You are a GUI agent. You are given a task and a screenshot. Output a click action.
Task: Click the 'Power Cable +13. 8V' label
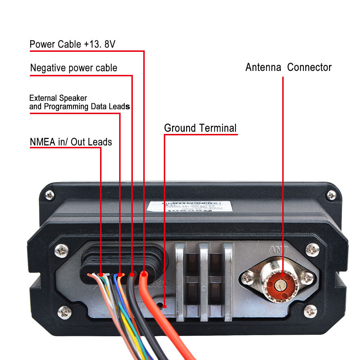[72, 44]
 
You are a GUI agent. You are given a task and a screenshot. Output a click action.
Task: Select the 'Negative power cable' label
[74, 68]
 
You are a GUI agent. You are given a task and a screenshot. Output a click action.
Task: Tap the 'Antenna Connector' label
[288, 67]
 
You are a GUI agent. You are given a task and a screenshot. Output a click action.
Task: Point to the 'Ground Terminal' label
[200, 128]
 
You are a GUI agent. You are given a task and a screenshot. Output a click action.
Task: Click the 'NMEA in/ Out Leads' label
[71, 142]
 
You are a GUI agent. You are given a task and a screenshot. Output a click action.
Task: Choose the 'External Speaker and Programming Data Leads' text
[80, 102]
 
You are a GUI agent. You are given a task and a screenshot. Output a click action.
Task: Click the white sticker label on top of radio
[190, 206]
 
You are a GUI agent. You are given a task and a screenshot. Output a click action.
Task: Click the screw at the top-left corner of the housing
[50, 195]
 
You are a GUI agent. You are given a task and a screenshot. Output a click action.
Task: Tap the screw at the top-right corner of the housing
[331, 195]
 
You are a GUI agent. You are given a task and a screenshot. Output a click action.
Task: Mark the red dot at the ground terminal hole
[164, 306]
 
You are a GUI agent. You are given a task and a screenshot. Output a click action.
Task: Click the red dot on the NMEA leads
[101, 275]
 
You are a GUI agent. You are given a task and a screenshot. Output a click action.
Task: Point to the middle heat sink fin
[204, 281]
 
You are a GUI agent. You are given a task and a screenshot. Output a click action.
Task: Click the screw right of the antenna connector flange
[307, 277]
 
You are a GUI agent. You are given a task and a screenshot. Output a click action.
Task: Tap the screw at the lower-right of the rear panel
[310, 311]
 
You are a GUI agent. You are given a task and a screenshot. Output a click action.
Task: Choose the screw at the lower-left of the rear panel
[64, 312]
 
